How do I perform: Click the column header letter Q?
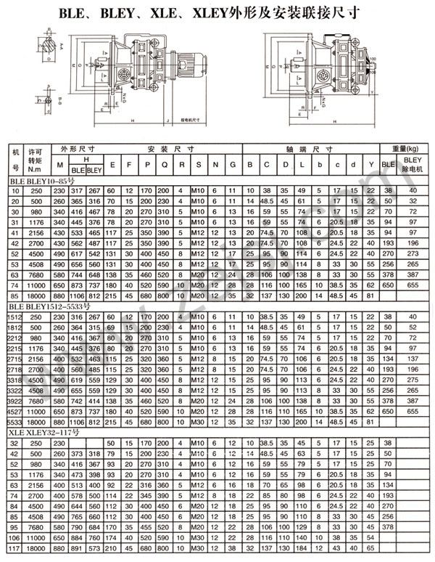[163, 165]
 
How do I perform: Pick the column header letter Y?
[370, 165]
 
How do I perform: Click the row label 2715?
[14, 359]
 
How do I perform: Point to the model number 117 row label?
[14, 548]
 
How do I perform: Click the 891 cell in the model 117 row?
[75, 548]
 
